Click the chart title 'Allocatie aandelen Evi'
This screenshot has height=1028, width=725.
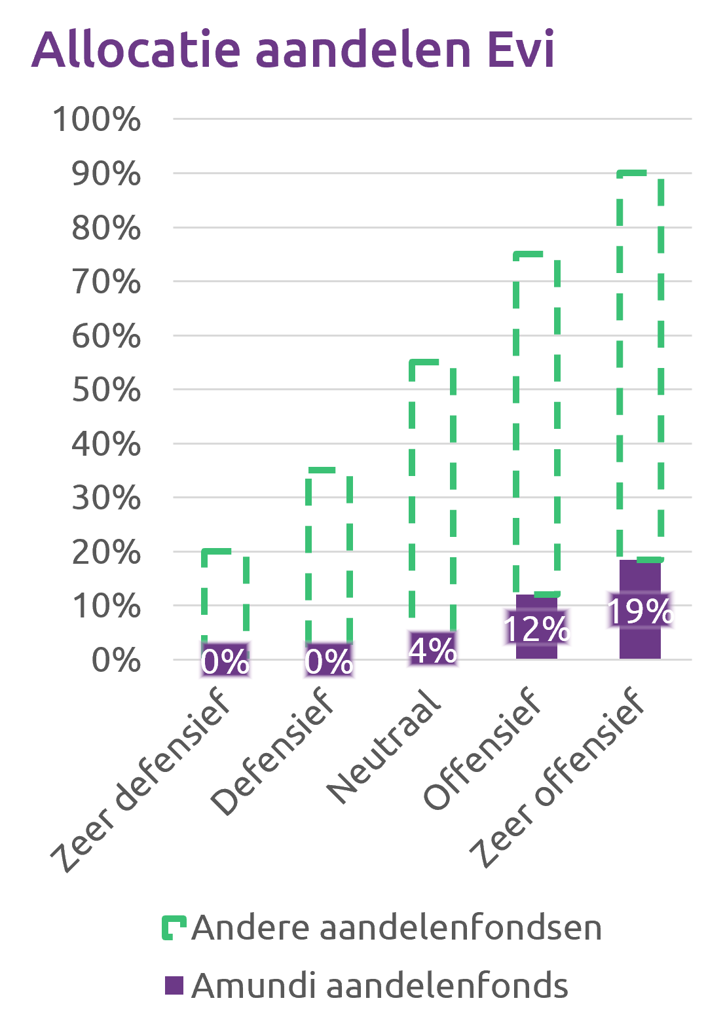[293, 49]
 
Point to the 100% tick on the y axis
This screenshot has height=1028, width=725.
[97, 120]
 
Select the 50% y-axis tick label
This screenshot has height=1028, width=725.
[106, 390]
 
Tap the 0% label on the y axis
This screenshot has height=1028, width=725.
[116, 661]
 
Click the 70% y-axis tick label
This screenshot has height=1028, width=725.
[106, 282]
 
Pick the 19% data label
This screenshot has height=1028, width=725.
[640, 611]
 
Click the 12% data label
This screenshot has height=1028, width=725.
[536, 628]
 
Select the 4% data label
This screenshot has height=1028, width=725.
[432, 650]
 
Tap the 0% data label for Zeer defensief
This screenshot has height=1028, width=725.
[225, 661]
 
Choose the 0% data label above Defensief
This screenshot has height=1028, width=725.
[329, 661]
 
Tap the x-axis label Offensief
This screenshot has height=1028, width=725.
[483, 749]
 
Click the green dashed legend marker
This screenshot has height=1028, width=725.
[174, 928]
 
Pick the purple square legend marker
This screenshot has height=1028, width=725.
[174, 985]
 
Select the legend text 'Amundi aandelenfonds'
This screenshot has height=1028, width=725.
[380, 985]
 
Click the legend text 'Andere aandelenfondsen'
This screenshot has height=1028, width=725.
[396, 928]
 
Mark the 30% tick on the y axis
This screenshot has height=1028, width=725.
[106, 499]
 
